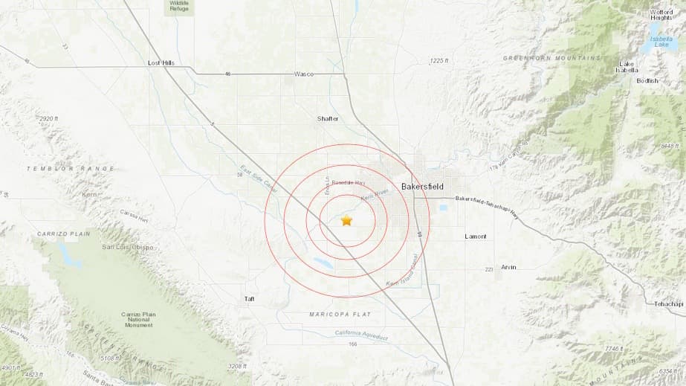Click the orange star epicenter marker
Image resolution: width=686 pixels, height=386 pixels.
[x=346, y=220]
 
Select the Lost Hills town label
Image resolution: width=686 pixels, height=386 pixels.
[x=161, y=63]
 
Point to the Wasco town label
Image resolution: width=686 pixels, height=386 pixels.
[x=304, y=74]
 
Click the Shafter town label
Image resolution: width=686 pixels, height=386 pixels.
[x=328, y=118]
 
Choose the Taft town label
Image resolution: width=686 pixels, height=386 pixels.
[x=250, y=299]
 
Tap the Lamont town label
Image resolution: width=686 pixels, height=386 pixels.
[x=475, y=237]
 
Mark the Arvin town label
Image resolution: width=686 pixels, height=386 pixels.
[x=508, y=267]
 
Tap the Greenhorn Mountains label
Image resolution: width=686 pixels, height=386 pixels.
[x=541, y=58]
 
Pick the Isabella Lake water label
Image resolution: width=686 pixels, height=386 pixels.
[x=661, y=42]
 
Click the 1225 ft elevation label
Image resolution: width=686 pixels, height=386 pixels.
[x=440, y=61]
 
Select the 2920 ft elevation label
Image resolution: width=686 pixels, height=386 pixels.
[x=48, y=119]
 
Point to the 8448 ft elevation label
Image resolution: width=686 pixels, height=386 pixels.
[x=670, y=146]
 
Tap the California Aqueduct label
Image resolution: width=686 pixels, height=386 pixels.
[x=361, y=335]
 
